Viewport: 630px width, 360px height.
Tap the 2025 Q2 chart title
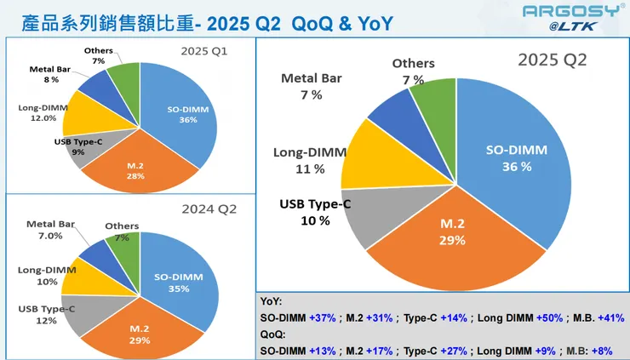pos(553,60)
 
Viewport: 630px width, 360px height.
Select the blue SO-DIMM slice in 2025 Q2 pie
pos(511,162)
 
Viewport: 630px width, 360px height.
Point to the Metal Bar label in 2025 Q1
pos(43,73)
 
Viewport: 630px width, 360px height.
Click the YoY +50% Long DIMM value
pos(548,317)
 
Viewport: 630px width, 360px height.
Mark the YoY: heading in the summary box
pos(272,301)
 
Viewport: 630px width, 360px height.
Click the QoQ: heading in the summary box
pos(272,334)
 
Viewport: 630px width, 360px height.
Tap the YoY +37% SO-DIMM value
pos(326,317)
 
